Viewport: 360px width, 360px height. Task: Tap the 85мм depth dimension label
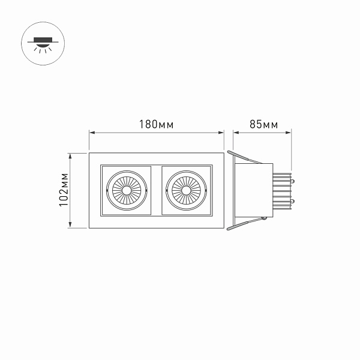pyautogui.click(x=263, y=125)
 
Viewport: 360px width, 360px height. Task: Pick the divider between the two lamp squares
pyautogui.click(x=157, y=191)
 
